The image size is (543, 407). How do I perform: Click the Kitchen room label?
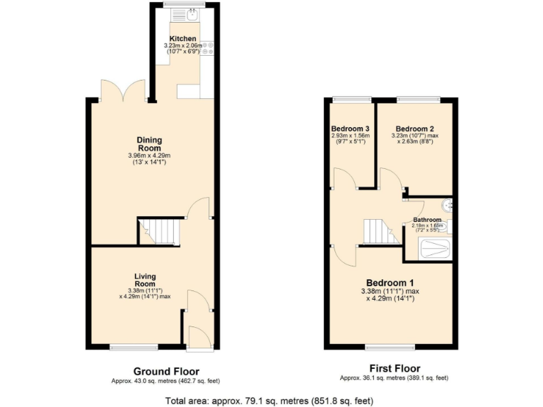click(183, 38)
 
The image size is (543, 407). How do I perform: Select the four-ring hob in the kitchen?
click(208, 48)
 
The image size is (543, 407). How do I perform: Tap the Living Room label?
click(145, 280)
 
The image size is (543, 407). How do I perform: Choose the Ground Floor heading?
click(166, 371)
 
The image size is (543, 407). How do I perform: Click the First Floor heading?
click(395, 368)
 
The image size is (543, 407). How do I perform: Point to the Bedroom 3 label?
click(351, 128)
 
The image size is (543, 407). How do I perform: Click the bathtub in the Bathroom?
click(433, 248)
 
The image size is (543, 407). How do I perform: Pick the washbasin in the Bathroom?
click(446, 206)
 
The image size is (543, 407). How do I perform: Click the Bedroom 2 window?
click(418, 98)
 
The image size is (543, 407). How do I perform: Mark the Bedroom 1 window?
click(390, 346)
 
